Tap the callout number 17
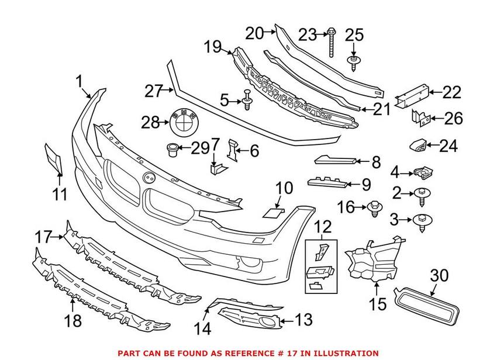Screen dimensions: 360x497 [43, 237]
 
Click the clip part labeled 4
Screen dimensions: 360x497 [421, 172]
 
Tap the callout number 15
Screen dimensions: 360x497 [377, 304]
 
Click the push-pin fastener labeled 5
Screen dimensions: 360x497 [247, 102]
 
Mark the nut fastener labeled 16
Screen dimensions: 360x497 [374, 207]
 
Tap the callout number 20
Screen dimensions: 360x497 [254, 33]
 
